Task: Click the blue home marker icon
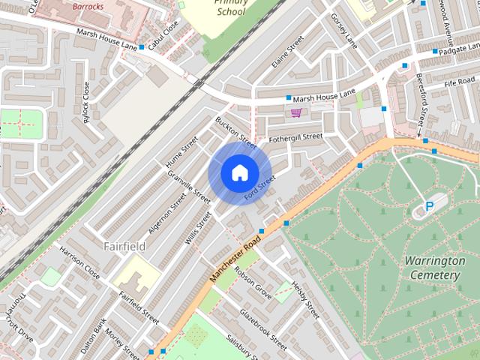click(x=238, y=172)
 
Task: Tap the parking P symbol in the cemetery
click(x=430, y=206)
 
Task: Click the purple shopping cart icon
click(x=296, y=113)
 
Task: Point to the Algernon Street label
click(x=168, y=211)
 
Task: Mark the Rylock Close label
click(x=86, y=102)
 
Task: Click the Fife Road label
click(x=460, y=81)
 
